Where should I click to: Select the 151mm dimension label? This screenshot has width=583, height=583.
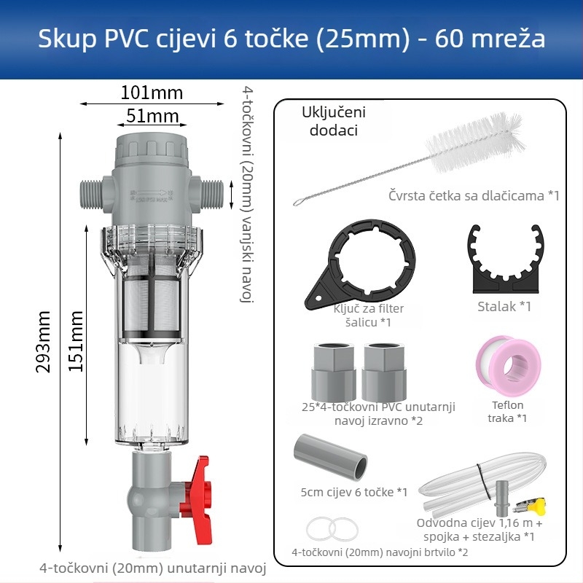[76, 340]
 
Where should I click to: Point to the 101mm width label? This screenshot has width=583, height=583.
[152, 93]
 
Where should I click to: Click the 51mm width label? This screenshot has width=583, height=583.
[152, 115]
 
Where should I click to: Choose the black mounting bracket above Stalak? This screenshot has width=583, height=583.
[504, 259]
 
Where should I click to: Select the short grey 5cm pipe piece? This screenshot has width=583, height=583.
[330, 455]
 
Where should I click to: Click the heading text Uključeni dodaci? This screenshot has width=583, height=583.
[333, 121]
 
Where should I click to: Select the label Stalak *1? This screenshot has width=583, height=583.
[504, 306]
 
